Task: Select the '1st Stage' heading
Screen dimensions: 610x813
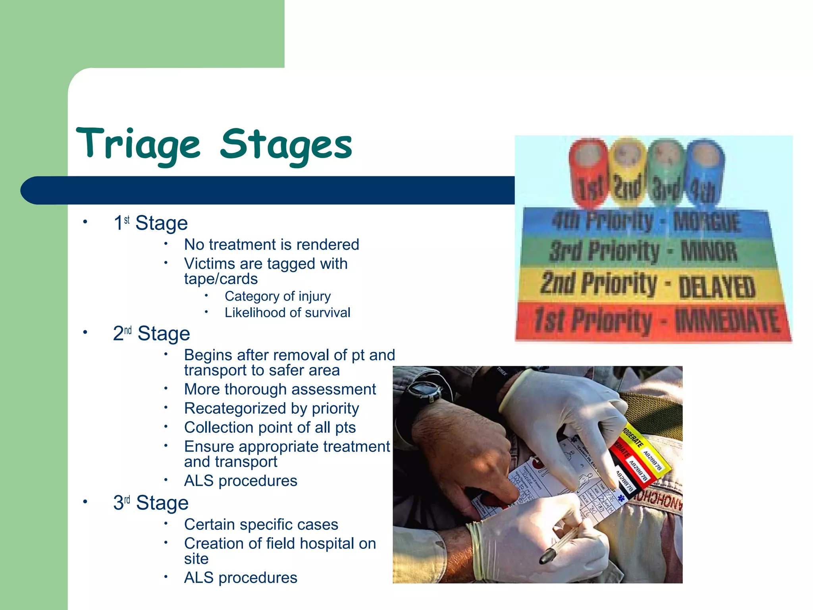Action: (150, 223)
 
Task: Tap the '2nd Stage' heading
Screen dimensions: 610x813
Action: (151, 334)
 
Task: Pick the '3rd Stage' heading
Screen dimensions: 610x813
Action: (150, 503)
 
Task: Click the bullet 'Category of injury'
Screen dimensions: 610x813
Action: (277, 296)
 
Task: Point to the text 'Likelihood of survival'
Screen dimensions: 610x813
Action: (287, 313)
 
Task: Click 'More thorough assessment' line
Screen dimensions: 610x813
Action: (280, 390)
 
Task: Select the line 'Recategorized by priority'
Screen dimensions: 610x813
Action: (272, 409)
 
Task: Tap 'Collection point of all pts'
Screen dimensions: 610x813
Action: (270, 428)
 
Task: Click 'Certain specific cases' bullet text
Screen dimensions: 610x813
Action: (261, 525)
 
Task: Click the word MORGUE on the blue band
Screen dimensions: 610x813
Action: (707, 222)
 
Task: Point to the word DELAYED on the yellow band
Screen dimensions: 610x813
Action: (717, 287)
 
